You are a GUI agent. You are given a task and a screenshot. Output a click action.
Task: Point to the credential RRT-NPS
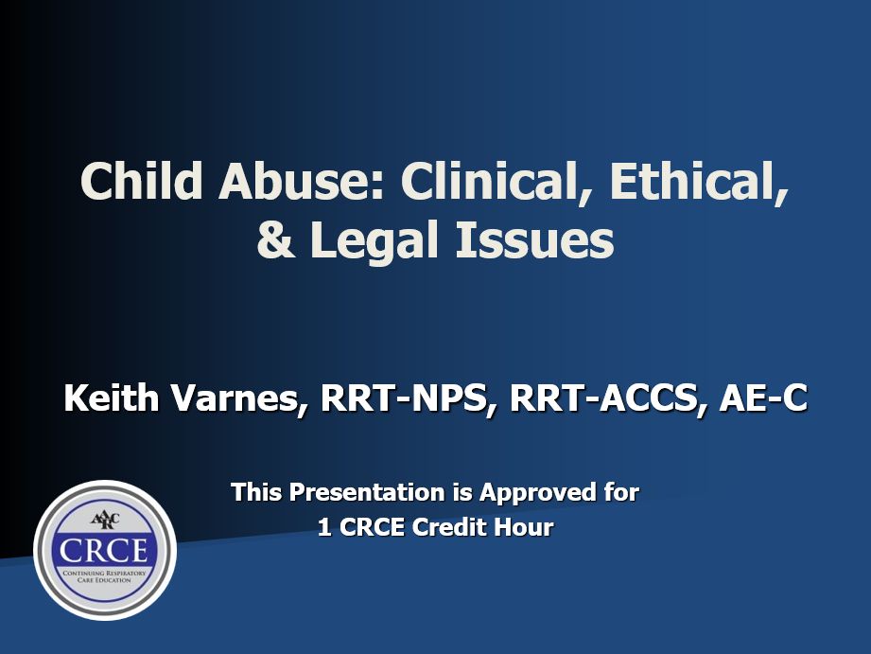(x=409, y=398)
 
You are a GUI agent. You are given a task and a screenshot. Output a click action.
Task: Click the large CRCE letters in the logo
(x=104, y=550)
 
